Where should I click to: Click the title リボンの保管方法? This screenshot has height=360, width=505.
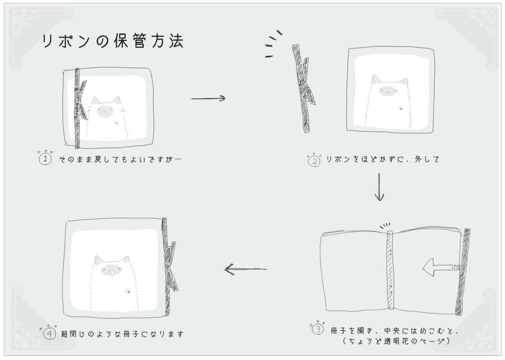[x=113, y=41]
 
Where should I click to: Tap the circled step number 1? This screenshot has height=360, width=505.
[x=45, y=159]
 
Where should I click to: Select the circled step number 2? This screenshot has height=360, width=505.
[x=314, y=161]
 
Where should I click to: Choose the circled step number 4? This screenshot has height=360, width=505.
[x=50, y=333]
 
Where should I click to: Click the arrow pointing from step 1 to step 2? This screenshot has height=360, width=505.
[x=208, y=98]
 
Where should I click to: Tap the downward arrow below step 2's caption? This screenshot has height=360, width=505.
[x=379, y=187]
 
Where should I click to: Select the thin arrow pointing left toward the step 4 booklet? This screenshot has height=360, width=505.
[x=246, y=269]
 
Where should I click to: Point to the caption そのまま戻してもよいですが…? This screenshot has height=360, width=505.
[x=120, y=159]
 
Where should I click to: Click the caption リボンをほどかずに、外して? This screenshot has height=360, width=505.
[x=383, y=159]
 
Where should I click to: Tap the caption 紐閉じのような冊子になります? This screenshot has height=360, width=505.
[x=122, y=334]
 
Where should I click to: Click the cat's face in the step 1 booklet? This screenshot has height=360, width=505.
[x=105, y=111]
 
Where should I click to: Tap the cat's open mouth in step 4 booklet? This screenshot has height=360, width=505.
[x=111, y=274]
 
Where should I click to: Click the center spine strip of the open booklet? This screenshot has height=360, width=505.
[x=390, y=270]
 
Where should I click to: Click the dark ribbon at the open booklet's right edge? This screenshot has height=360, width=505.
[x=463, y=272]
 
